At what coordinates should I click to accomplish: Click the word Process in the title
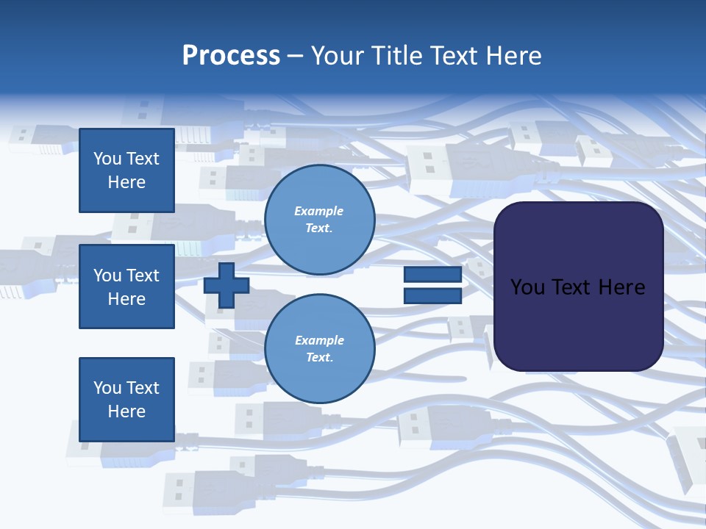[231, 56]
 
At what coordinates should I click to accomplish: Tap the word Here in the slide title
[510, 56]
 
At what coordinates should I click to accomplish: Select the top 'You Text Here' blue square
[126, 170]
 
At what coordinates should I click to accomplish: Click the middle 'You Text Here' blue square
[126, 287]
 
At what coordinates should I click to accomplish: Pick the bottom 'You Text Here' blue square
[126, 399]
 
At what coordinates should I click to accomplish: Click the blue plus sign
[227, 286]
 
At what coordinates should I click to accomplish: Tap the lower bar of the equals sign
[432, 296]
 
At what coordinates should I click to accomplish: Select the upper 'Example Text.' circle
[319, 220]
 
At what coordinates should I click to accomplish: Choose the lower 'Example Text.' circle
[319, 349]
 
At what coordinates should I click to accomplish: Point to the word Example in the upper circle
[318, 211]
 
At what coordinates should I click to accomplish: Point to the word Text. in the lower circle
[319, 358]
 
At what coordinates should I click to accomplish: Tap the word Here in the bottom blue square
[126, 411]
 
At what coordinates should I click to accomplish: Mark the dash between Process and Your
[296, 56]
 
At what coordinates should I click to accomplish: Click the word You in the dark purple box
[527, 287]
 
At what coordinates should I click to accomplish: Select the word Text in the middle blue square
[142, 276]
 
